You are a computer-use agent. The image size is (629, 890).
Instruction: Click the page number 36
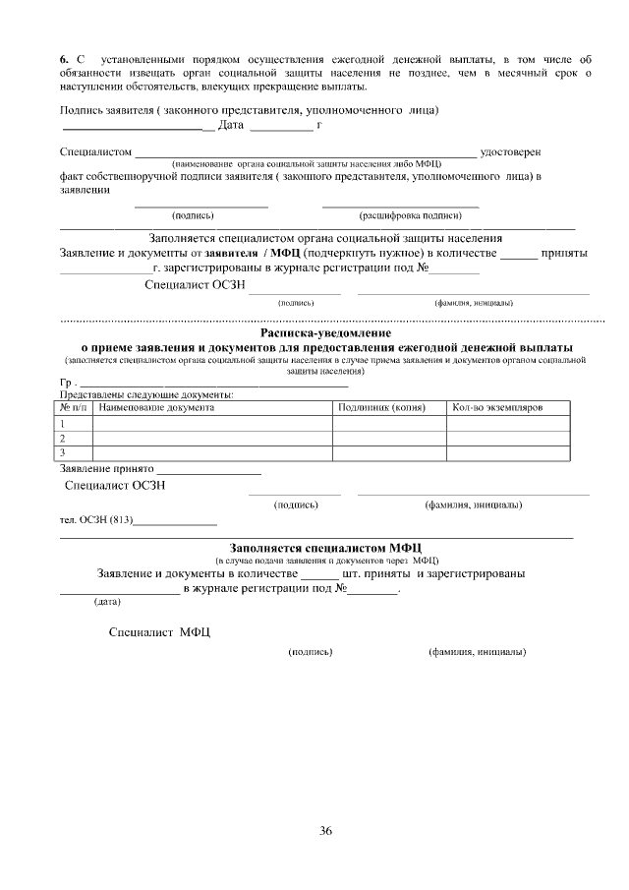[325, 831]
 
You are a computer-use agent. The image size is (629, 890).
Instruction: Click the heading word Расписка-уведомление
[325, 333]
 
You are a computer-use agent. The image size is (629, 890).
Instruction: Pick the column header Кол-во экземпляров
[496, 406]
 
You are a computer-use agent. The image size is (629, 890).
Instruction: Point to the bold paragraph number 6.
[64, 61]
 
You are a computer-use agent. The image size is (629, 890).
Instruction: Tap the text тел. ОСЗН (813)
[95, 519]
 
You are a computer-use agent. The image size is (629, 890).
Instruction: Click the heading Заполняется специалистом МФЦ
[325, 547]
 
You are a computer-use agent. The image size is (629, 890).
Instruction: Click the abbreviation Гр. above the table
[68, 383]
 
